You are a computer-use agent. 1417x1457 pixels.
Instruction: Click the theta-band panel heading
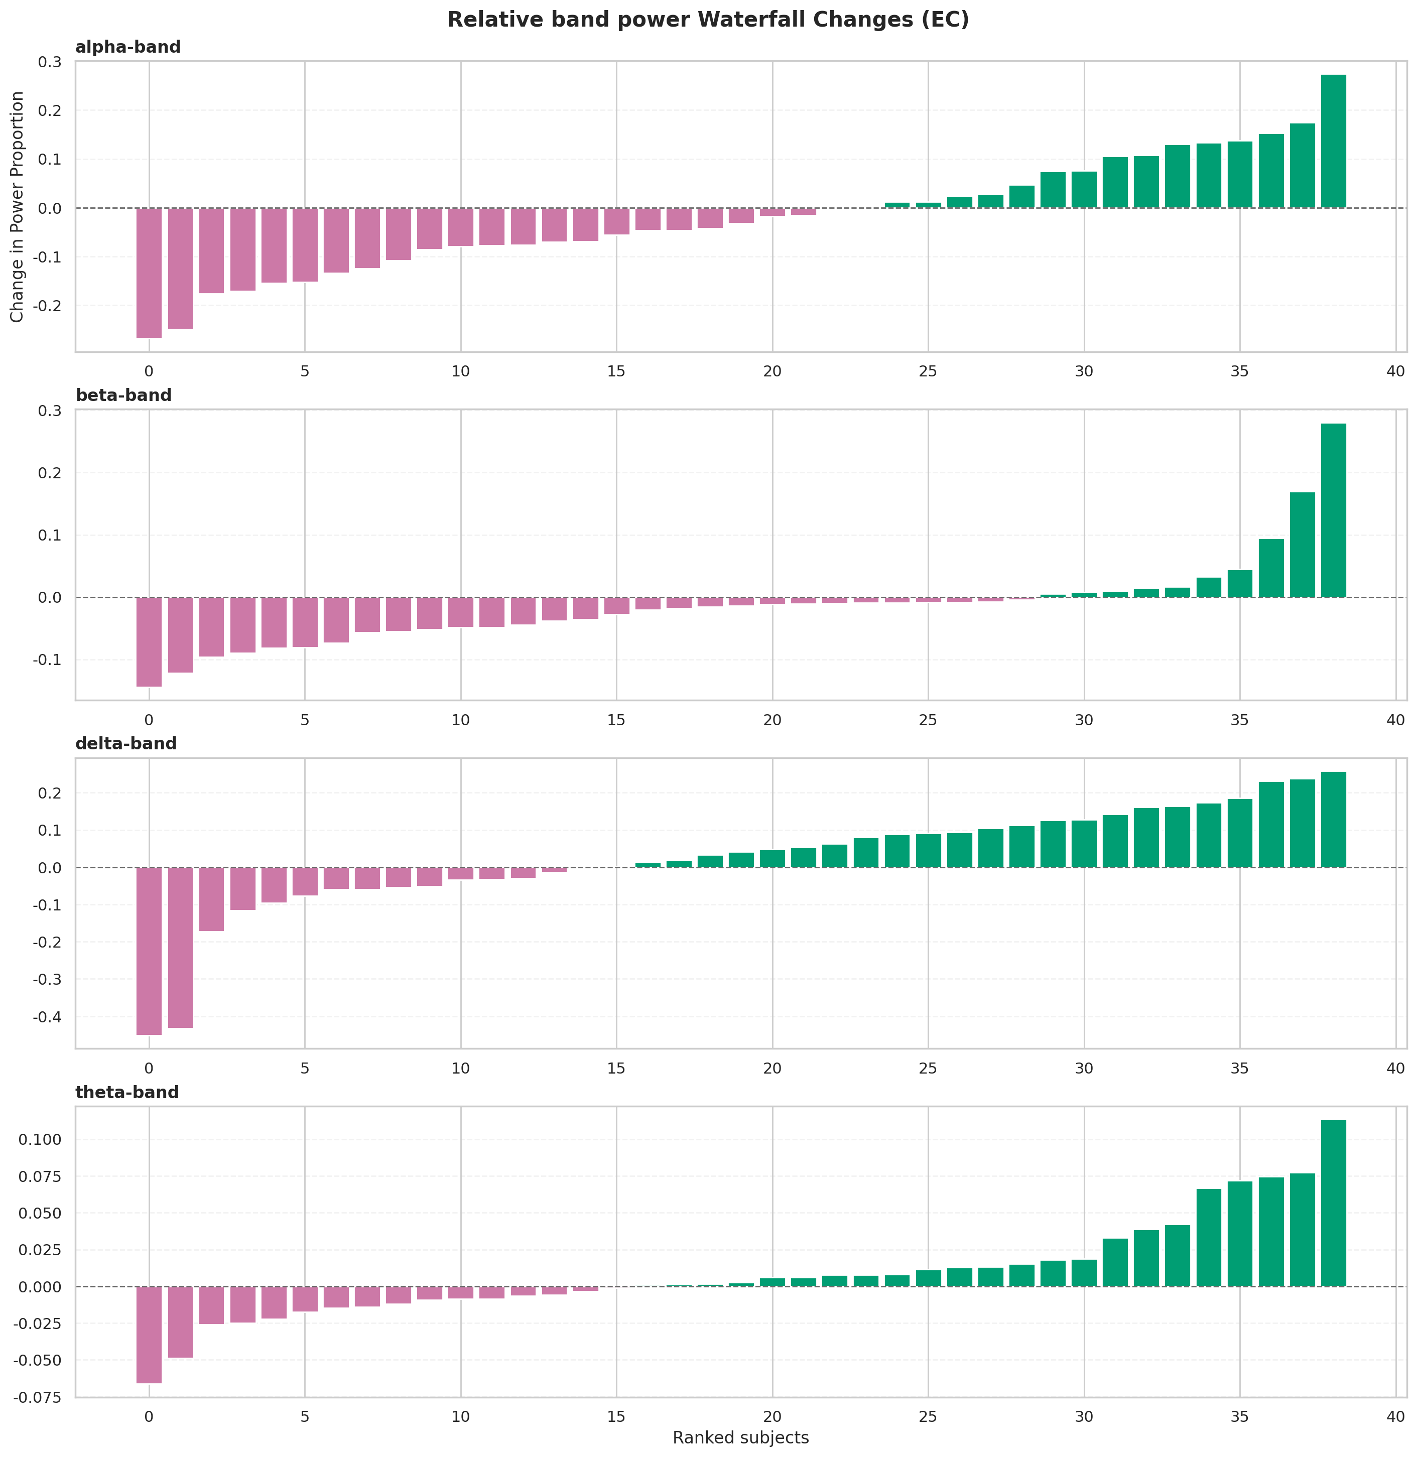127,1093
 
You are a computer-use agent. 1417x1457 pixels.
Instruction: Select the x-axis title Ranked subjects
740,1437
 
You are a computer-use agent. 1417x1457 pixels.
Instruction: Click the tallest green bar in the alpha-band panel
1333,142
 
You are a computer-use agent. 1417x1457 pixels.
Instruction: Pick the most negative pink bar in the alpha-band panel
149,273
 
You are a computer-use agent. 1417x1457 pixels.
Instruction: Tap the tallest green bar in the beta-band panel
1333,510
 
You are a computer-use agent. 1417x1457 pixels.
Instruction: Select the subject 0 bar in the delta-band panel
149,951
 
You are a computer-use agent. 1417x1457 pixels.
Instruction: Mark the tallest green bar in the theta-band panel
1333,1203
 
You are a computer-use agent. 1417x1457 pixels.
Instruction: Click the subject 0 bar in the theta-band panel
149,1335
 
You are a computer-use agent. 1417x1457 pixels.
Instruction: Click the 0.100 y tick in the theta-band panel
42,1140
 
